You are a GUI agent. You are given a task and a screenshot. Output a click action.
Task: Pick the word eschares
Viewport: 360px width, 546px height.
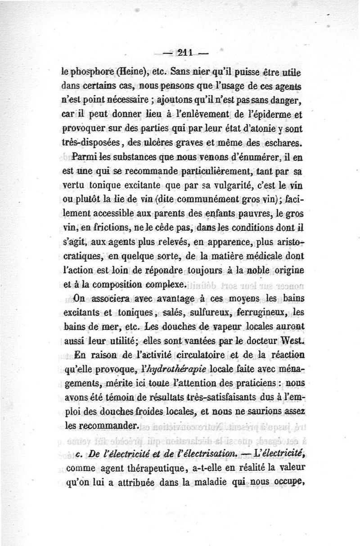pos(283,143)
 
